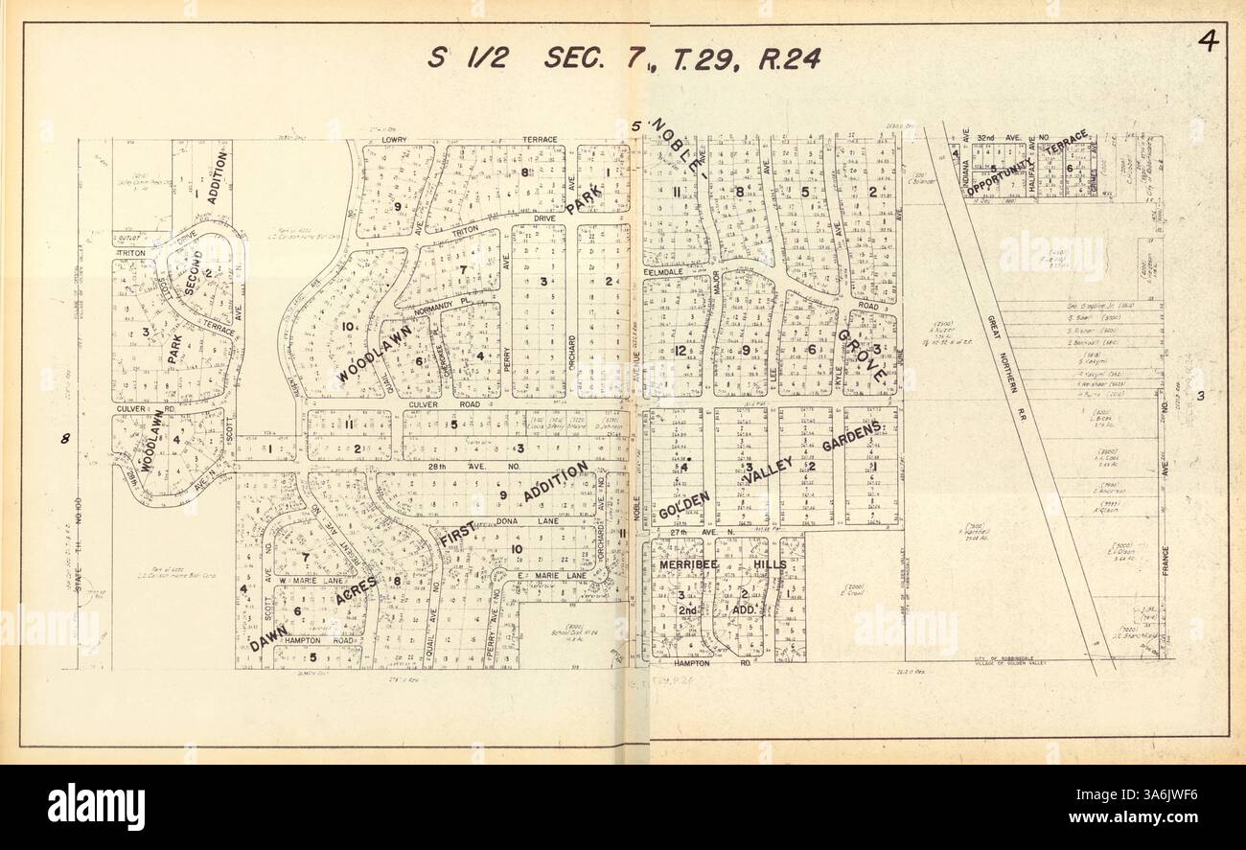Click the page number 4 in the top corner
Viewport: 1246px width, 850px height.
tap(1208, 44)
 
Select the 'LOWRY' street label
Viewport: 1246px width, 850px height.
tap(394, 140)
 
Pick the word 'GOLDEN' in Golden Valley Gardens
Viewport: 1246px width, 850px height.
tap(683, 504)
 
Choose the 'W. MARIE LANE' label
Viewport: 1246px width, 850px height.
tap(310, 580)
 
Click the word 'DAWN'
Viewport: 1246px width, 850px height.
tap(268, 637)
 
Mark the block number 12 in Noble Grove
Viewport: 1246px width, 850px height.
tap(680, 351)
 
